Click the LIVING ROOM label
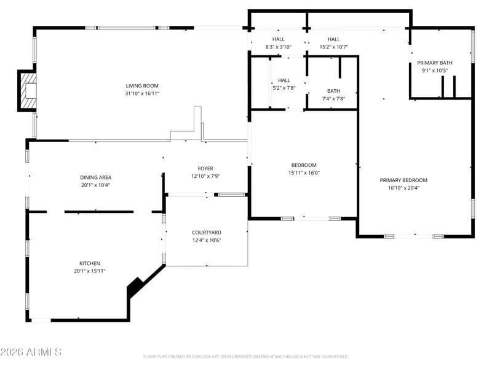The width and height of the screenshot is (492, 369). pyautogui.click(x=142, y=85)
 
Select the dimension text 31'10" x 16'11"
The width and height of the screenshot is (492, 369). pyautogui.click(x=142, y=93)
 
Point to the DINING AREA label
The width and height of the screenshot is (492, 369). pyautogui.click(x=96, y=177)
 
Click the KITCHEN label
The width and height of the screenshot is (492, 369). pyautogui.click(x=90, y=263)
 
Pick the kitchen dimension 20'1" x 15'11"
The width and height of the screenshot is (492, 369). pyautogui.click(x=90, y=271)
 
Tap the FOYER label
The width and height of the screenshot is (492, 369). pyautogui.click(x=205, y=169)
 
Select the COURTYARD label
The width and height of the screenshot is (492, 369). pyautogui.click(x=207, y=232)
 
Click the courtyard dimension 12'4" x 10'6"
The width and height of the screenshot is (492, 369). pyautogui.click(x=207, y=240)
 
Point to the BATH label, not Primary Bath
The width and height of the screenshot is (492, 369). pyautogui.click(x=333, y=91)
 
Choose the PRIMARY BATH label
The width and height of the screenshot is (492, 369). pyautogui.click(x=435, y=63)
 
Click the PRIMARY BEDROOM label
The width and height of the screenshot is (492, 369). pyautogui.click(x=403, y=180)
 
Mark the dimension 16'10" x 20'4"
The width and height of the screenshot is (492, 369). pyautogui.click(x=404, y=188)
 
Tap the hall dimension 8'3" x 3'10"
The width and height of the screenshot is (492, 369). pyautogui.click(x=279, y=47)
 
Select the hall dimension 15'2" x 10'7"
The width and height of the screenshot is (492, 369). pyautogui.click(x=334, y=47)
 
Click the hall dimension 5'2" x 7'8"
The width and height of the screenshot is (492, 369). pyautogui.click(x=284, y=88)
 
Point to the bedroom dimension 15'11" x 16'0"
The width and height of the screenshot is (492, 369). pyautogui.click(x=304, y=173)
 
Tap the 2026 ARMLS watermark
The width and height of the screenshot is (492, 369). pyautogui.click(x=31, y=352)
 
